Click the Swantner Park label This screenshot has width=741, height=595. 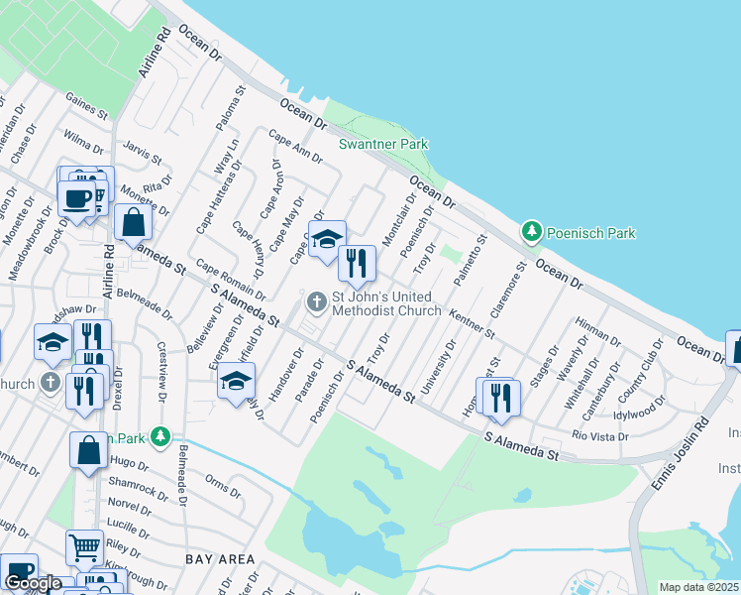pyautogui.click(x=383, y=144)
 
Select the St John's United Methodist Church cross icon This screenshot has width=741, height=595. pyautogui.click(x=317, y=299)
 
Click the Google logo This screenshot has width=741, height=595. pyautogui.click(x=33, y=582)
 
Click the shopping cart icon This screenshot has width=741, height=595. pyautogui.click(x=84, y=545)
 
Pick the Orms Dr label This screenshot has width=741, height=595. pyautogui.click(x=222, y=487)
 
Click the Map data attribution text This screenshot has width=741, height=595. pyautogui.click(x=699, y=587)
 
